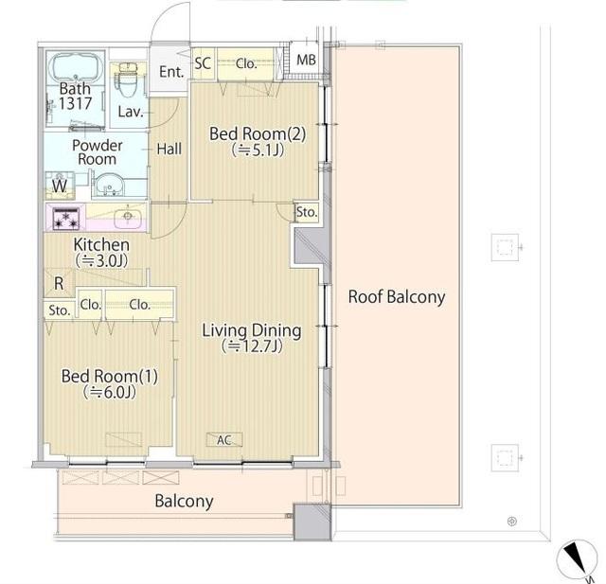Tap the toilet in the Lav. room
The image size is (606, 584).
pyautogui.click(x=128, y=80)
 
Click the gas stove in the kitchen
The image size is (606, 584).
pyautogui.click(x=65, y=219)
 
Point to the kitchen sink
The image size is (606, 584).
pyautogui.click(x=129, y=217)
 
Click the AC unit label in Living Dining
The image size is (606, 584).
pyautogui.click(x=224, y=439)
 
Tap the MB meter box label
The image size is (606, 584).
pyautogui.click(x=306, y=60)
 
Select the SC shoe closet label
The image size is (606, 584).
pyautogui.click(x=203, y=63)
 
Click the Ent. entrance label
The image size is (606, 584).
pyautogui.click(x=171, y=72)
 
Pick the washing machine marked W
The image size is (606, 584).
pyautogui.click(x=60, y=186)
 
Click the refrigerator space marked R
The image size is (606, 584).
pyautogui.click(x=59, y=283)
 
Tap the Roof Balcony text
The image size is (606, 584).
pyautogui.click(x=397, y=297)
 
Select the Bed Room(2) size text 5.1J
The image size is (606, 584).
pyautogui.click(x=258, y=150)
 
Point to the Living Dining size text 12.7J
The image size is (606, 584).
pyautogui.click(x=252, y=346)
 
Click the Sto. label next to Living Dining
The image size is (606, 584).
pyautogui.click(x=307, y=212)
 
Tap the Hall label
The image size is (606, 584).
pyautogui.click(x=169, y=150)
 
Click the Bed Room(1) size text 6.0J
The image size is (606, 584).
pyautogui.click(x=110, y=393)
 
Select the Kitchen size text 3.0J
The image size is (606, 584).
pyautogui.click(x=101, y=261)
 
